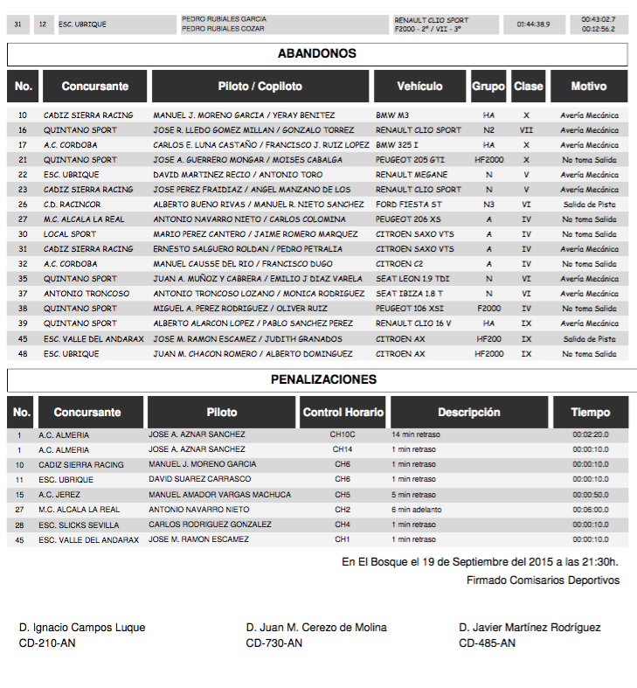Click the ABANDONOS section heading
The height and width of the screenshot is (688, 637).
click(317, 54)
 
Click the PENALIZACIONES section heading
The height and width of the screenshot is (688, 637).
click(323, 380)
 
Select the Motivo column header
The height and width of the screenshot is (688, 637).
click(589, 87)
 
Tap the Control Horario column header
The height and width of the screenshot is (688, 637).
click(343, 413)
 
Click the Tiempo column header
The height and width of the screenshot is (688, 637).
click(591, 413)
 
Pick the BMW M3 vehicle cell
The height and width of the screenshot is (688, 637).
click(392, 115)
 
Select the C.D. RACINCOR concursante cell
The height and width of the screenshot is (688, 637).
click(73, 205)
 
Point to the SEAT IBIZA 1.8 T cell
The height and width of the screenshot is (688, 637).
click(409, 294)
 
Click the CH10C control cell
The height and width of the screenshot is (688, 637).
click(343, 434)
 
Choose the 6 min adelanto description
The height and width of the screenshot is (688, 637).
click(417, 510)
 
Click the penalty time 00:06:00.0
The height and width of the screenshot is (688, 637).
click(591, 510)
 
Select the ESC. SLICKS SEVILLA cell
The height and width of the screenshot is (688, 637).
click(81, 525)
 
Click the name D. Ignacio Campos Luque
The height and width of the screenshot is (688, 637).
click(82, 628)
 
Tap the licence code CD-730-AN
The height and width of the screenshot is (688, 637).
click(274, 643)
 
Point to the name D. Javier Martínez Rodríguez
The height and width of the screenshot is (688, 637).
click(530, 628)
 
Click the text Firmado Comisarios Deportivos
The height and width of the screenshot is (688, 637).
click(543, 580)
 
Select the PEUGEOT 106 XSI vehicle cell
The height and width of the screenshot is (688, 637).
click(408, 309)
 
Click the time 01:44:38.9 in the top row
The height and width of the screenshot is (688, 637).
click(534, 24)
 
